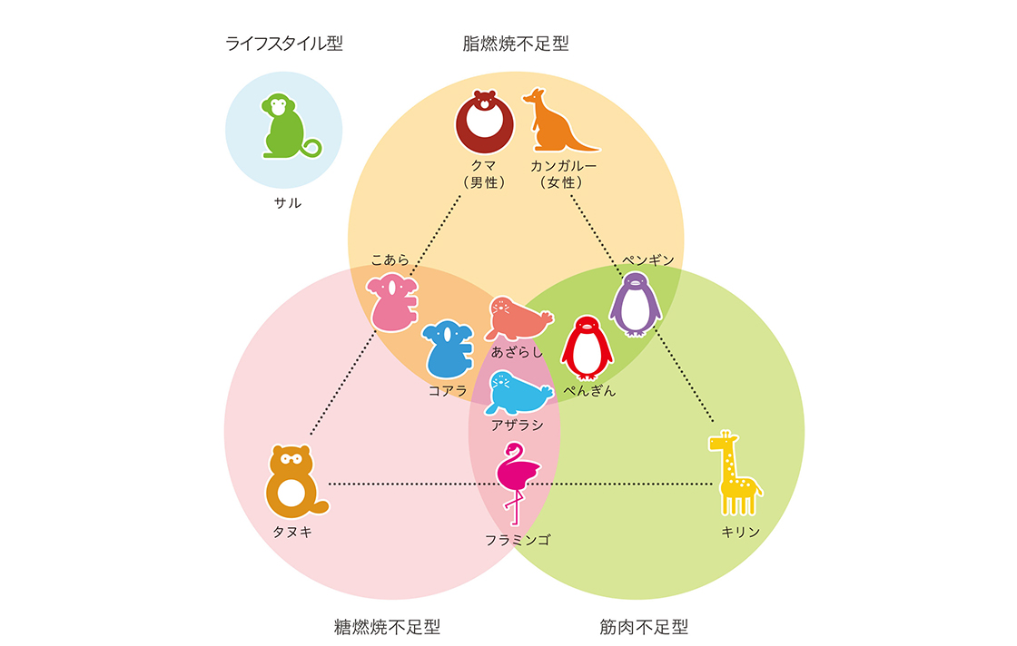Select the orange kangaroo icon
point(555,122)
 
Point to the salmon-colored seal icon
point(518,318)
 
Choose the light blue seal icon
point(518,393)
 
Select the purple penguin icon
point(635,304)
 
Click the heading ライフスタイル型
point(284,43)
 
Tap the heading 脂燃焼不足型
point(516,43)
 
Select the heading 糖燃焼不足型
point(387,627)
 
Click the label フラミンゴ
point(517,540)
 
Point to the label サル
point(288,203)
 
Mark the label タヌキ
point(292,533)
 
